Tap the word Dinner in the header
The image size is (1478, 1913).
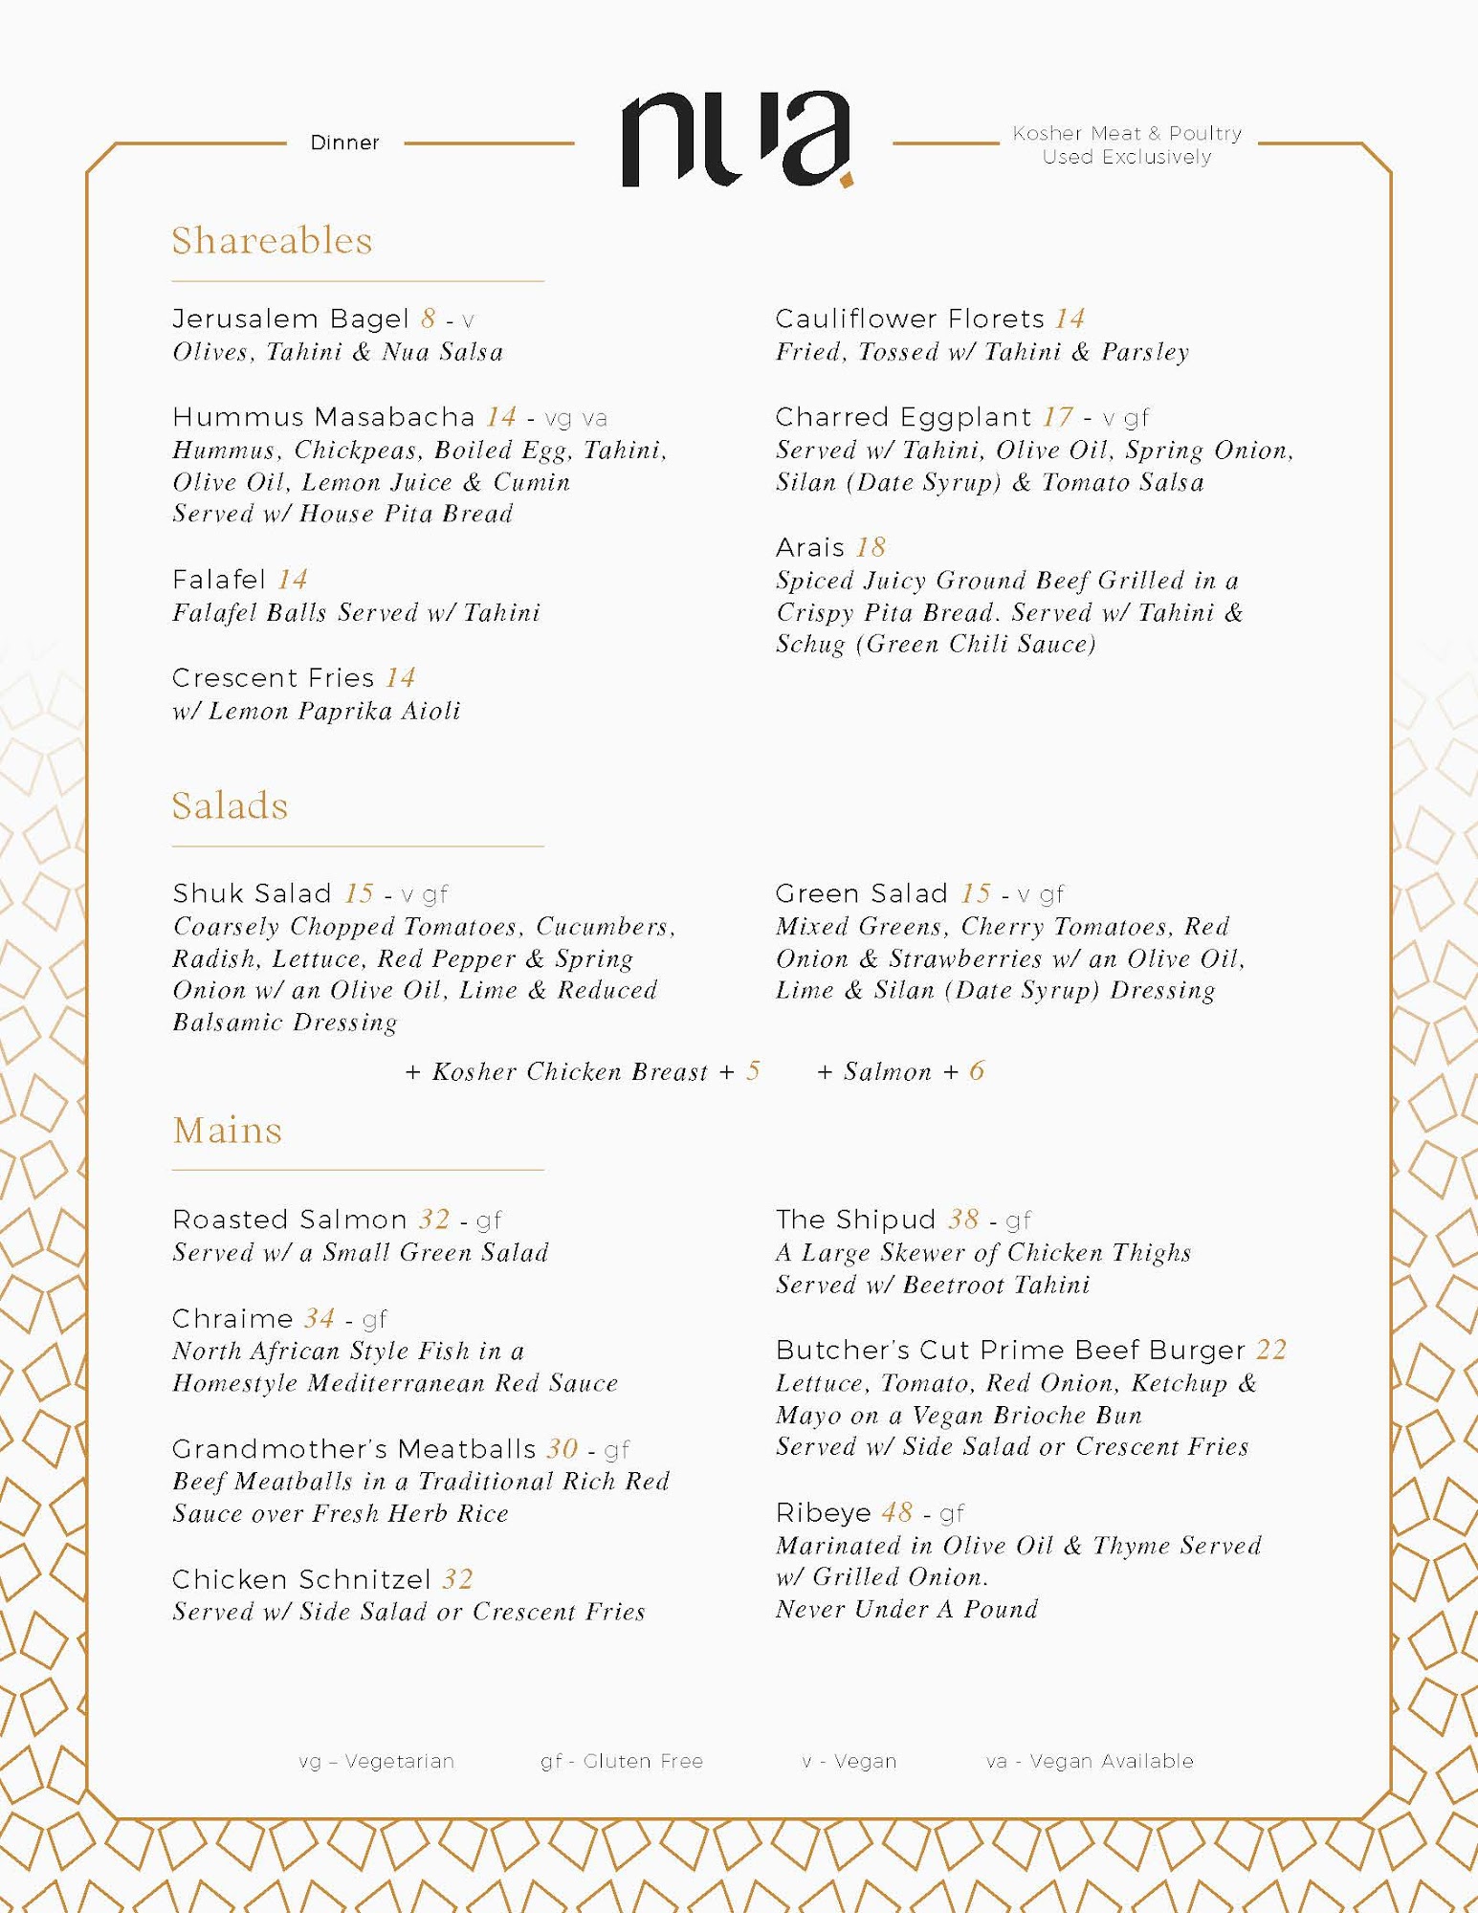click(344, 143)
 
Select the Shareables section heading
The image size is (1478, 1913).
click(272, 241)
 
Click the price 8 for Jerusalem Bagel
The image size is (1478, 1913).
click(428, 319)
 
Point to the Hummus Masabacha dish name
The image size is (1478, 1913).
click(323, 417)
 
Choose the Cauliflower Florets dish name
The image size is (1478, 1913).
click(910, 319)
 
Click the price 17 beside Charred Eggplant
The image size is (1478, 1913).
click(1057, 417)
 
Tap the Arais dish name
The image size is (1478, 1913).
click(810, 547)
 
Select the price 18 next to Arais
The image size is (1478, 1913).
click(871, 547)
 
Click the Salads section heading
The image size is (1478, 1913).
click(230, 806)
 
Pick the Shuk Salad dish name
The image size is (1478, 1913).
click(252, 893)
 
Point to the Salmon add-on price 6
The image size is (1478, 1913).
click(976, 1071)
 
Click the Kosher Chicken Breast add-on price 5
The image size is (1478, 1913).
click(753, 1071)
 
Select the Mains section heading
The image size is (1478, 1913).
click(227, 1131)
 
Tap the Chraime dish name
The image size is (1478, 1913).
click(232, 1318)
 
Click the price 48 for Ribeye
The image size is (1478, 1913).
click(896, 1512)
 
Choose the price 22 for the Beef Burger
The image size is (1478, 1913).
click(1271, 1350)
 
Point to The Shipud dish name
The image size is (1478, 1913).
click(855, 1220)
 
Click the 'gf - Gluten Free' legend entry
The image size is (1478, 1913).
click(622, 1761)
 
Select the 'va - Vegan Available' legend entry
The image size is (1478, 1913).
click(1090, 1761)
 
